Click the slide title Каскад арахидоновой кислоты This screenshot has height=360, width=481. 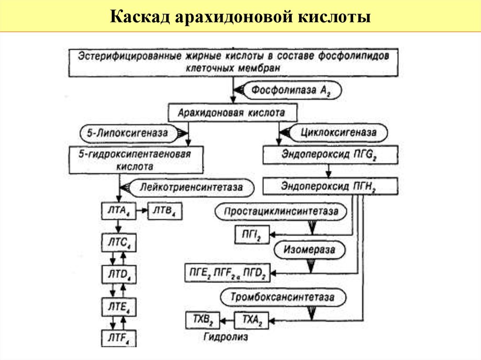coord(240,17)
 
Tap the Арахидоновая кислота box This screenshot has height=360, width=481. coord(232,113)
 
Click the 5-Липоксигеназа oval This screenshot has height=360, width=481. coord(127,133)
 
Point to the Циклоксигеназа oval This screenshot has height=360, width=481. coord(339,133)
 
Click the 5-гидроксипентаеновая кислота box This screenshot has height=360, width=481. coord(136,160)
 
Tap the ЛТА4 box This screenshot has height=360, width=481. coord(118,211)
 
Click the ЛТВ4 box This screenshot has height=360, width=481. coord(164,211)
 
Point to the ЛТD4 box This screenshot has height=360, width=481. coord(118,275)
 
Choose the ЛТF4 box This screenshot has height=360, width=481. coord(118,338)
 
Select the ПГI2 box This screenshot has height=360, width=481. coord(252,234)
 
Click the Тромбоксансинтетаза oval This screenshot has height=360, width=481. coord(282,298)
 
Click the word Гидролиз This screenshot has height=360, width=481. coord(226,337)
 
